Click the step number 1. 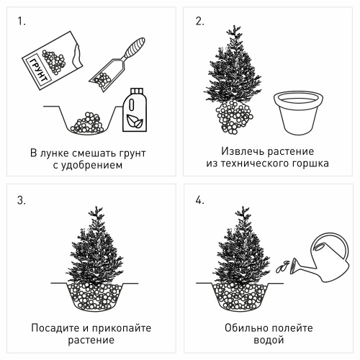click(21, 22)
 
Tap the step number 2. click(199, 22)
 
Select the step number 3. click(22, 200)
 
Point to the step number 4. click(199, 200)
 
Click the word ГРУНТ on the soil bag click(38, 71)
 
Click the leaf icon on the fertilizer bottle click(135, 121)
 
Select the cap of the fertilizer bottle click(137, 91)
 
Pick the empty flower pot click(298, 112)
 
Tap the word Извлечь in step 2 click(243, 151)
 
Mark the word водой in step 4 click(269, 340)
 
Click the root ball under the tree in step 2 click(234, 117)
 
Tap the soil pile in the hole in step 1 click(87, 123)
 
